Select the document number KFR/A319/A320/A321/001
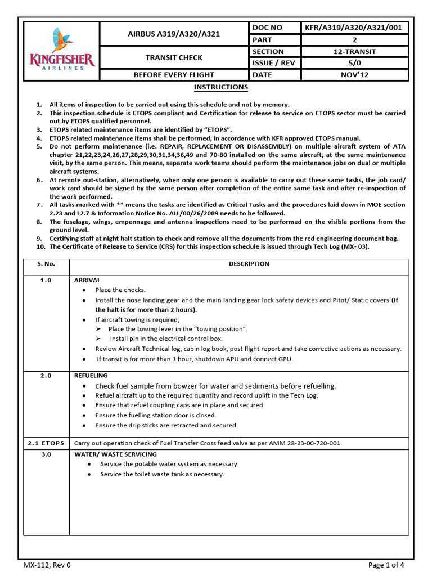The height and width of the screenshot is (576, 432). pos(355,28)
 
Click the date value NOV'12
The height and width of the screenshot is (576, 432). pos(355,75)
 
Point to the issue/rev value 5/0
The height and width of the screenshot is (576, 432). pos(355,63)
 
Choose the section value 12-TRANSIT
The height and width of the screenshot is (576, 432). pos(355,51)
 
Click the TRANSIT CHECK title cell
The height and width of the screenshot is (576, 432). pos(174,57)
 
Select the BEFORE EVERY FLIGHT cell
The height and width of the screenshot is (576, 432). pos(174,75)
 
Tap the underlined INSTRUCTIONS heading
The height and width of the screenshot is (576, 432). pos(220,87)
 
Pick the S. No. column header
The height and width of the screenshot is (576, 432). pos(46,264)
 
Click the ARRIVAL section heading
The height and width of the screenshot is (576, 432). pos(87,280)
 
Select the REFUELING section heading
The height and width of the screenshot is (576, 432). pos(91,375)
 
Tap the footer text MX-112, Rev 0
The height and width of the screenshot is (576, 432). pos(47,565)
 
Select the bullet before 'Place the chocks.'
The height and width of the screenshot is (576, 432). pos(84,290)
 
